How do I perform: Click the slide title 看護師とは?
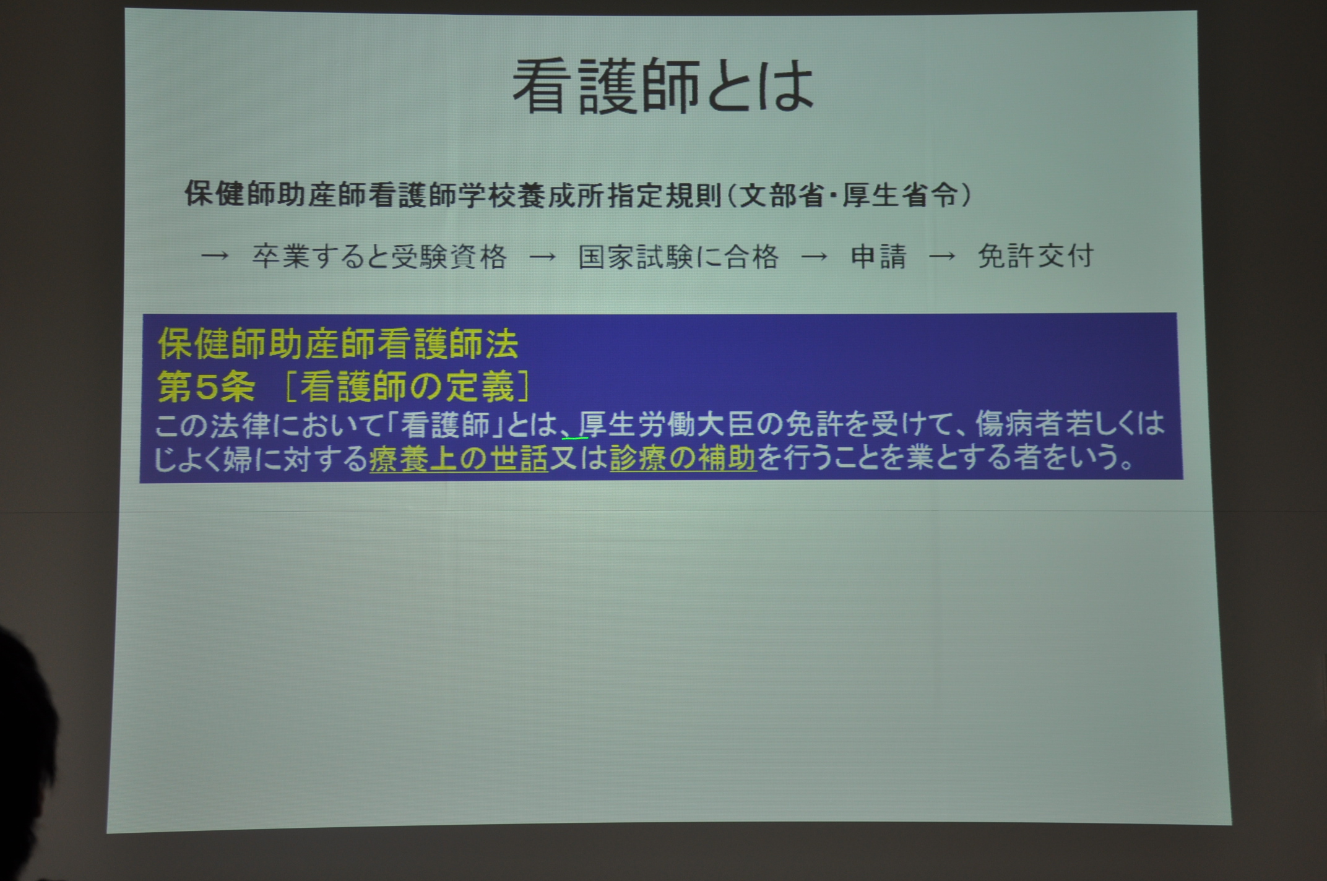click(x=663, y=87)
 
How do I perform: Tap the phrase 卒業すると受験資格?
click(x=379, y=256)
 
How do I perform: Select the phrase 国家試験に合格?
click(x=678, y=256)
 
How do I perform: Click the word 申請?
click(x=879, y=256)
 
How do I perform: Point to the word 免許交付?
click(x=1036, y=256)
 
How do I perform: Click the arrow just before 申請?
click(x=814, y=257)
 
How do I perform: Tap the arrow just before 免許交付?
click(x=942, y=256)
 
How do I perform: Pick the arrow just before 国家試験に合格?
click(x=543, y=257)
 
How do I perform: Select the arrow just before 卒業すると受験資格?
click(x=215, y=256)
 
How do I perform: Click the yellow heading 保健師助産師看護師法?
click(x=338, y=344)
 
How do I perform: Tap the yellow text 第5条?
click(x=206, y=387)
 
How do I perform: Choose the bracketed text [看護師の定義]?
click(x=407, y=387)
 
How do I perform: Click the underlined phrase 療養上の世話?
click(x=459, y=459)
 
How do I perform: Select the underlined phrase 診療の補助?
click(x=683, y=458)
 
